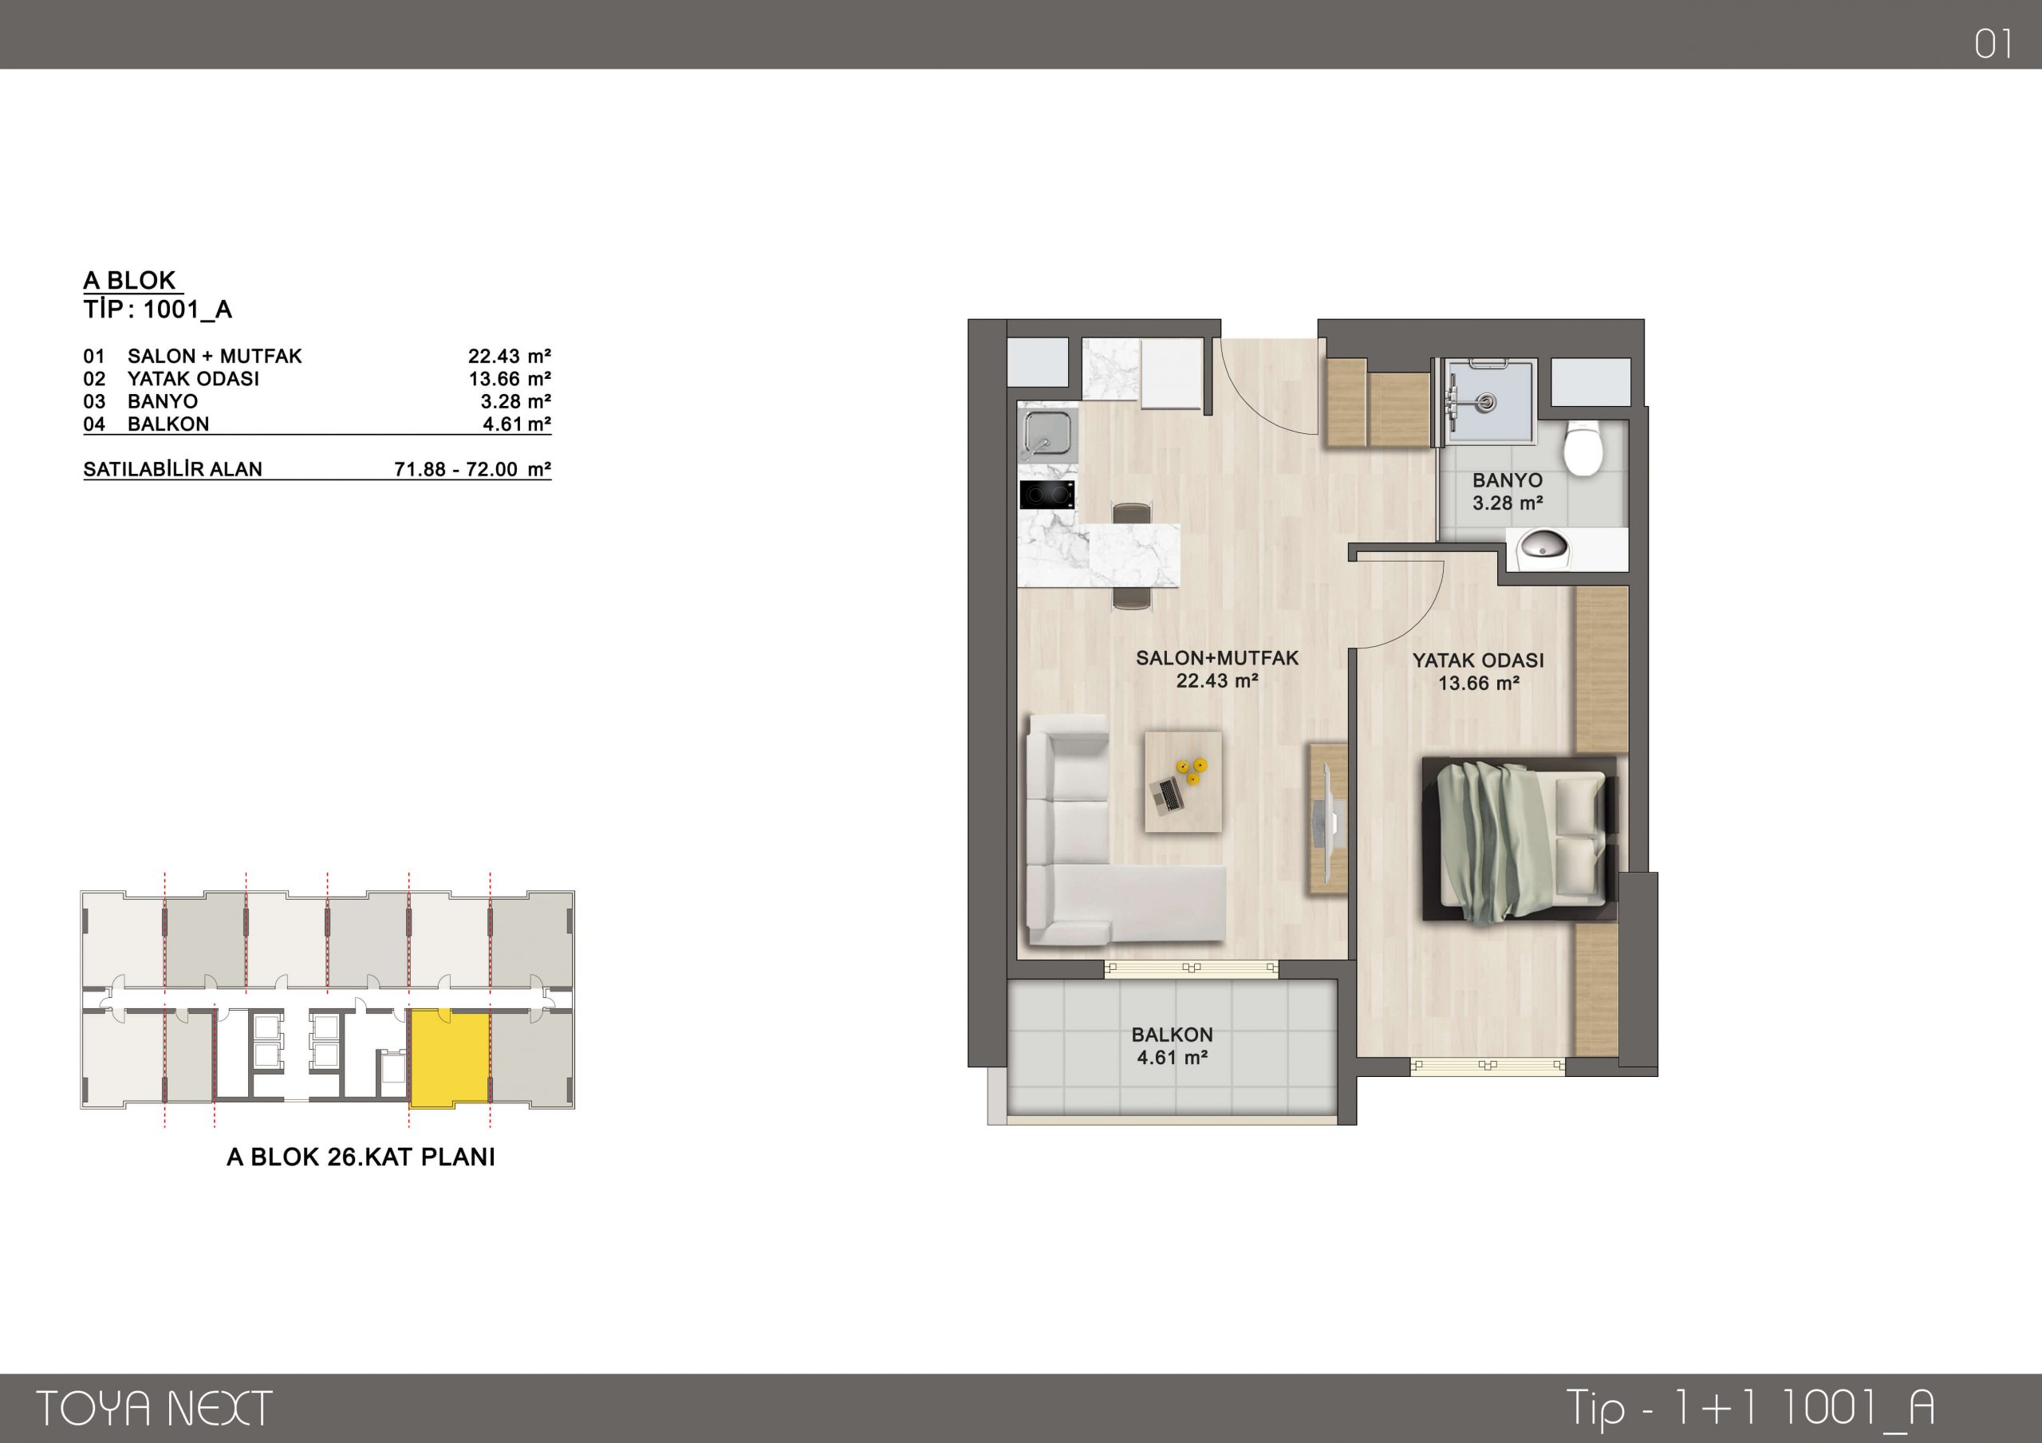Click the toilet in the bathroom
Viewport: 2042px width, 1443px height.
(x=1583, y=448)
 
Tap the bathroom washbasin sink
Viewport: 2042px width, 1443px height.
(x=1545, y=546)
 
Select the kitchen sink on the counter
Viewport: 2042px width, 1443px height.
(x=1047, y=432)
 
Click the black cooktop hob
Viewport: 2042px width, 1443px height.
(x=1047, y=495)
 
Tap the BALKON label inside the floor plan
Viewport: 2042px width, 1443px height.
(x=1171, y=1035)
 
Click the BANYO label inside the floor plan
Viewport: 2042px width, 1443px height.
(x=1507, y=480)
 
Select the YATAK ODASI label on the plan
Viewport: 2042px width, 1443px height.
(x=1478, y=660)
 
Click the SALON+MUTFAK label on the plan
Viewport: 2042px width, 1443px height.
(x=1216, y=658)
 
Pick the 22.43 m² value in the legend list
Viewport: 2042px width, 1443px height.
(x=510, y=356)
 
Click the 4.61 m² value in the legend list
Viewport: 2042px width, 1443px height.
(x=517, y=424)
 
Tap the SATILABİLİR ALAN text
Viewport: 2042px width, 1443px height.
(x=172, y=469)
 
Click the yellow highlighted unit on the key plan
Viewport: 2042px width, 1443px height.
(x=449, y=1058)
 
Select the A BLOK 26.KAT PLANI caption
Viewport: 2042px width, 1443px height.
(x=361, y=1157)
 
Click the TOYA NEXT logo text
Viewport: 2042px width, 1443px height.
(x=154, y=1409)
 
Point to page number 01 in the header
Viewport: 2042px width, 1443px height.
(x=1994, y=45)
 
